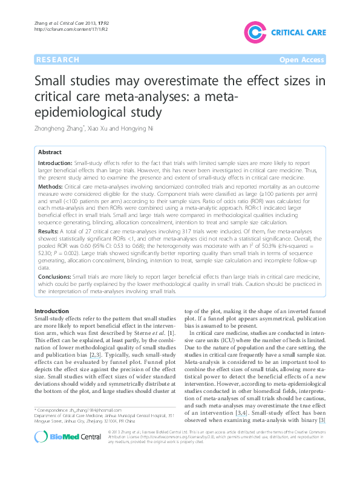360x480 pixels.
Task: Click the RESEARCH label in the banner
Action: click(58, 59)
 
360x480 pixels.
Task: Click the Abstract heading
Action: click(50, 153)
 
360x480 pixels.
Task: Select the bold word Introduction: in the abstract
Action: click(55, 164)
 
